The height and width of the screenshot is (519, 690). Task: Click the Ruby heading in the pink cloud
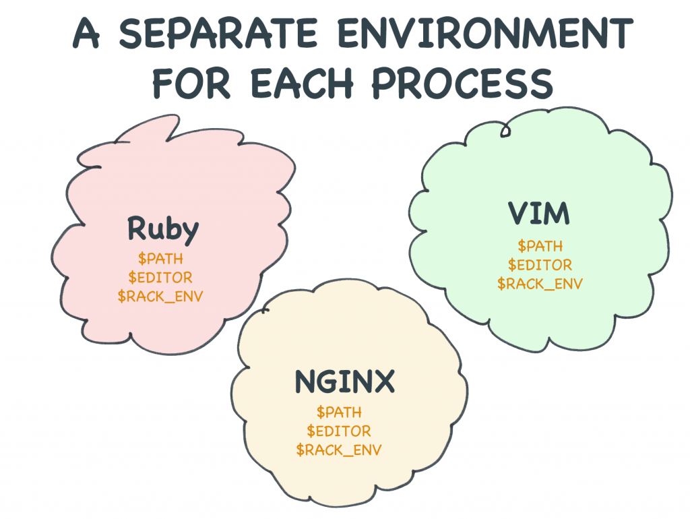pyautogui.click(x=163, y=229)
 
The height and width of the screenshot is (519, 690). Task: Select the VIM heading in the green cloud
pyautogui.click(x=538, y=214)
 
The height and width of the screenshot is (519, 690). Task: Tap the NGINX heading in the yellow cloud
pyautogui.click(x=344, y=383)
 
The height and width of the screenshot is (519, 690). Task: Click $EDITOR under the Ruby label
pyautogui.click(x=160, y=277)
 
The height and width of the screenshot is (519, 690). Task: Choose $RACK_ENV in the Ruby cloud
pyautogui.click(x=160, y=296)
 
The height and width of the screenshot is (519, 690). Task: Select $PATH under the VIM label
pyautogui.click(x=540, y=246)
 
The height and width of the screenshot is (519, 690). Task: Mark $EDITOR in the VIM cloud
pyautogui.click(x=540, y=265)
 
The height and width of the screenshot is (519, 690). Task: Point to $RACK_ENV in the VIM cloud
pyautogui.click(x=540, y=284)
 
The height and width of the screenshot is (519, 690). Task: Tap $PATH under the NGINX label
pyautogui.click(x=339, y=412)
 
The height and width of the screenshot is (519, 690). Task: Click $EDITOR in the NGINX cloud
pyautogui.click(x=339, y=431)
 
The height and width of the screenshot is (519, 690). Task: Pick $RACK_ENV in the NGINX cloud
pyautogui.click(x=339, y=450)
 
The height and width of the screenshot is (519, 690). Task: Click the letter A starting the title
pyautogui.click(x=88, y=34)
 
